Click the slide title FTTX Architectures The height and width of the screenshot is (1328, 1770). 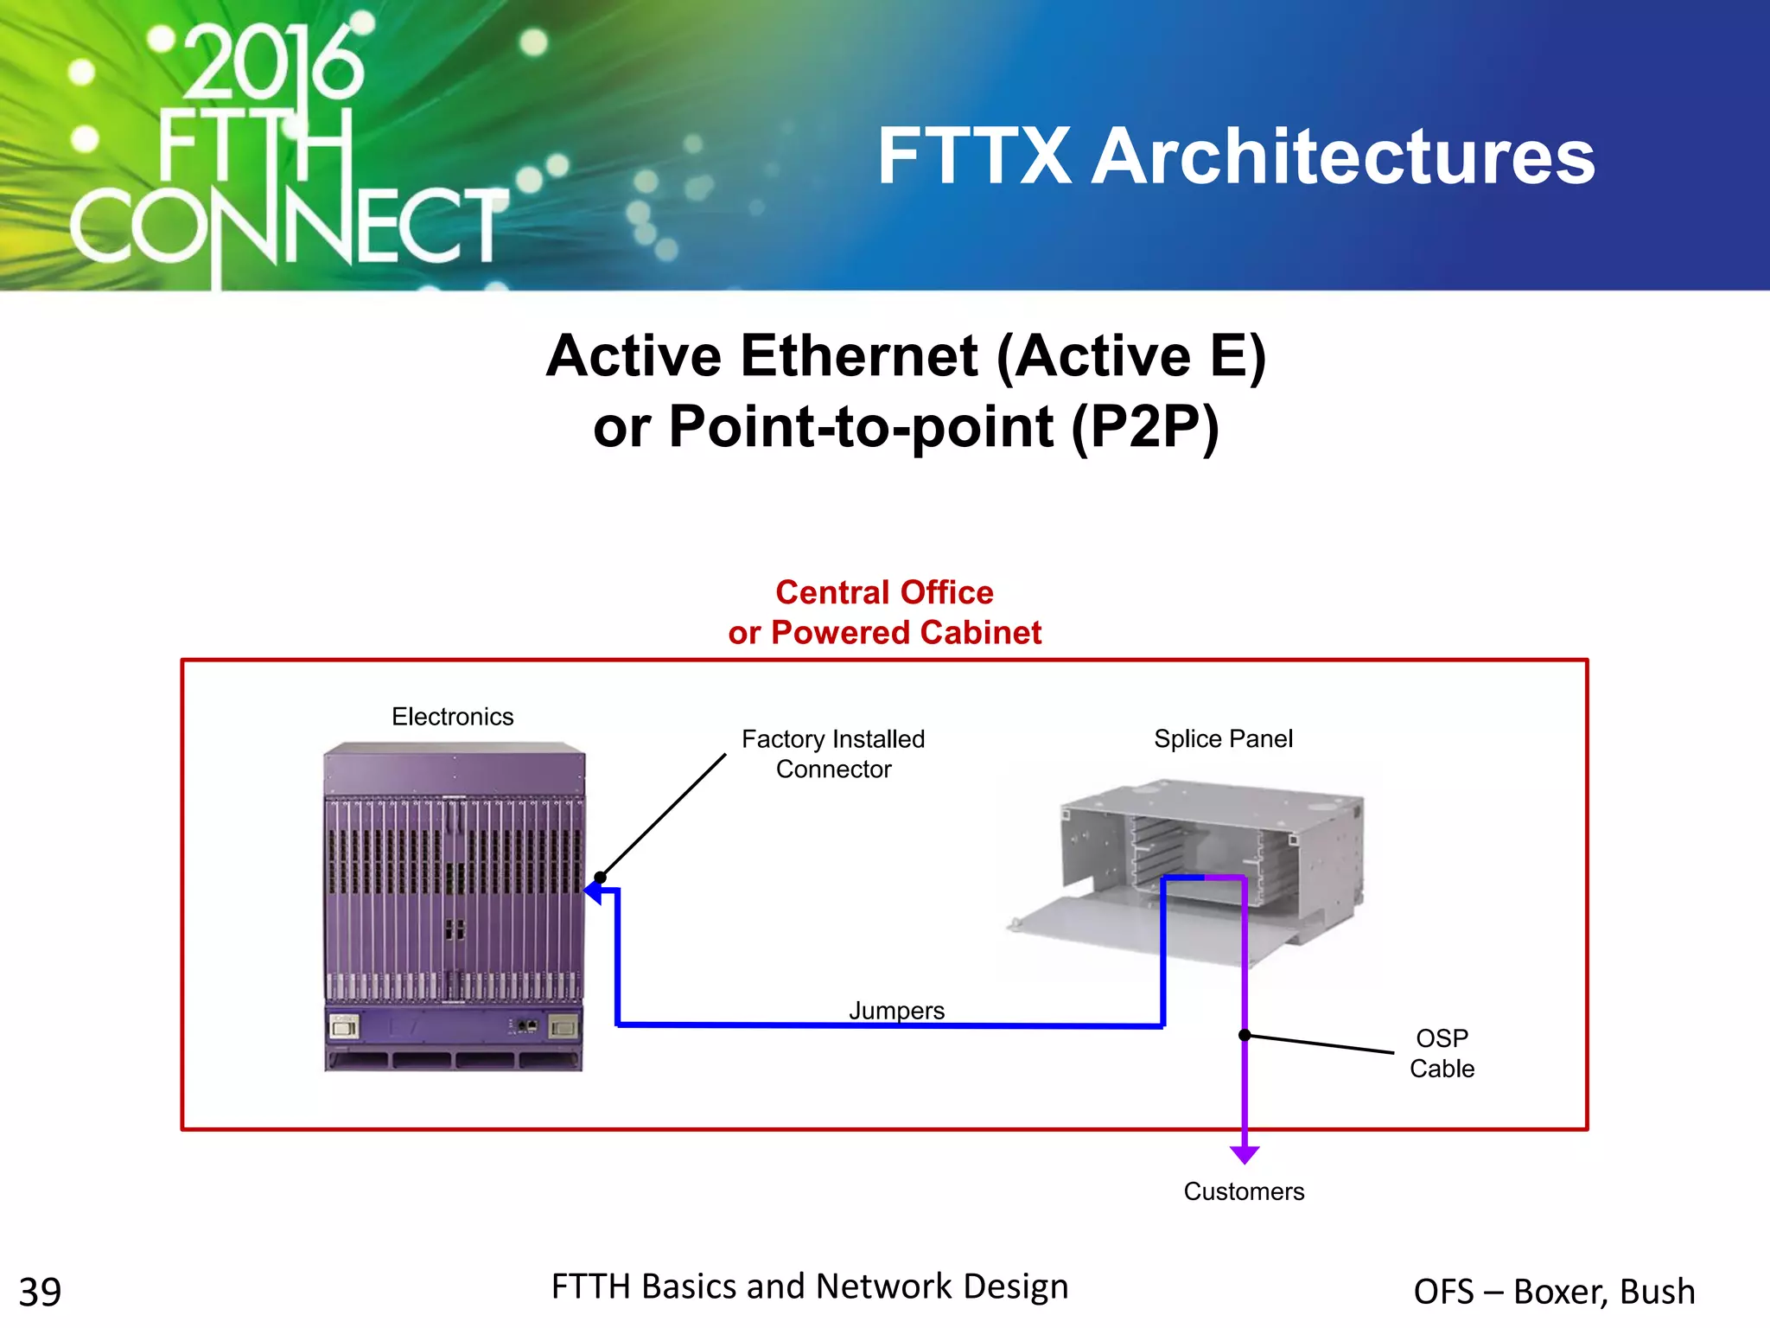[1236, 156]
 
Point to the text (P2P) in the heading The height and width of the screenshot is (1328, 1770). [1145, 426]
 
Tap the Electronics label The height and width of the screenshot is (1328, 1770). [452, 717]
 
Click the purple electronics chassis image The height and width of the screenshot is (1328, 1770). [454, 908]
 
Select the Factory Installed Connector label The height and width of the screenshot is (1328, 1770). [833, 754]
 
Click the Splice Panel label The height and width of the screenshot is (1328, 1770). [1223, 739]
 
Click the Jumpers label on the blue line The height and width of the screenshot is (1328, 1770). [896, 1010]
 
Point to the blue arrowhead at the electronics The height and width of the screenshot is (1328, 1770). [595, 891]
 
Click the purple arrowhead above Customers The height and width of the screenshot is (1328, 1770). [1245, 1154]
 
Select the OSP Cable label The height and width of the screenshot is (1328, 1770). [1442, 1053]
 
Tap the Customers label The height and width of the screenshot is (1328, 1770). [1244, 1191]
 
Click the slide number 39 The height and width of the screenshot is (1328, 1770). [40, 1293]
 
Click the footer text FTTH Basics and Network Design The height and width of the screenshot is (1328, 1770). [810, 1286]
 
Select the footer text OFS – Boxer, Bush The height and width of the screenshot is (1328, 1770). [1554, 1292]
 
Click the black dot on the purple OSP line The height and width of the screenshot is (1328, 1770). [1245, 1035]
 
